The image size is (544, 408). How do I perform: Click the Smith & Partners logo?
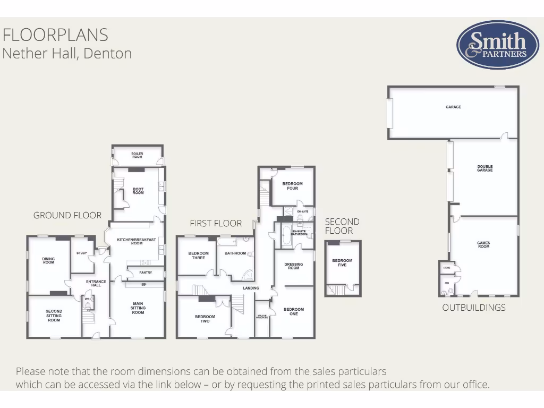pyautogui.click(x=490, y=45)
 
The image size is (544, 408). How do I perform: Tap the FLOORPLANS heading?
pyautogui.click(x=55, y=35)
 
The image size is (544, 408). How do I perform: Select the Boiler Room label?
pyautogui.click(x=137, y=156)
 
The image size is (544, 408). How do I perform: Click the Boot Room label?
pyautogui.click(x=138, y=191)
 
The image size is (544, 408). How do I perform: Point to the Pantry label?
pyautogui.click(x=146, y=273)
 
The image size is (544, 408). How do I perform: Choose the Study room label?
pyautogui.click(x=82, y=253)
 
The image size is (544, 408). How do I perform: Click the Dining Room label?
pyautogui.click(x=48, y=260)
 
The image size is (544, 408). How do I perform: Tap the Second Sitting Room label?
pyautogui.click(x=54, y=316)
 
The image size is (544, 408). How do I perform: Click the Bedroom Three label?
pyautogui.click(x=198, y=256)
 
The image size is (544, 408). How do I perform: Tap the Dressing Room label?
pyautogui.click(x=294, y=266)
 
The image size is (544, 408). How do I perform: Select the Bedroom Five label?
pyautogui.click(x=342, y=262)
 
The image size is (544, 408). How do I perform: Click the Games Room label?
pyautogui.click(x=483, y=244)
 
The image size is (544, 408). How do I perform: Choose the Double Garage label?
pyautogui.click(x=484, y=168)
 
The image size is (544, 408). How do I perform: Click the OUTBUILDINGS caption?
pyautogui.click(x=474, y=308)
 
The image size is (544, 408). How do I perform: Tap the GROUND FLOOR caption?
pyautogui.click(x=67, y=215)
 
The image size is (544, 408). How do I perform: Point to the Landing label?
pyautogui.click(x=251, y=288)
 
